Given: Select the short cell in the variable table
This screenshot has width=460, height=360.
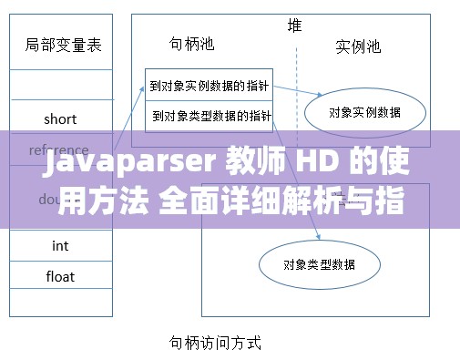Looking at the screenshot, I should tap(60, 118).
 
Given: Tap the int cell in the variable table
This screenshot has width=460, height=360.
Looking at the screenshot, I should tap(60, 245).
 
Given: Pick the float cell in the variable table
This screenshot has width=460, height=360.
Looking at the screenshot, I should tap(60, 276).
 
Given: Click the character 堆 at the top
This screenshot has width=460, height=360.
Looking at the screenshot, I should tap(295, 25).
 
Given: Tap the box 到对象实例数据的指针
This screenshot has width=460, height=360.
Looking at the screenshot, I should tap(209, 87).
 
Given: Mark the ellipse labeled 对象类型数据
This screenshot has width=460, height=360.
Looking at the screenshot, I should tap(319, 264).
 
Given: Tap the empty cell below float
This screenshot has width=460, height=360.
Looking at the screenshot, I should tap(60, 304).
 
